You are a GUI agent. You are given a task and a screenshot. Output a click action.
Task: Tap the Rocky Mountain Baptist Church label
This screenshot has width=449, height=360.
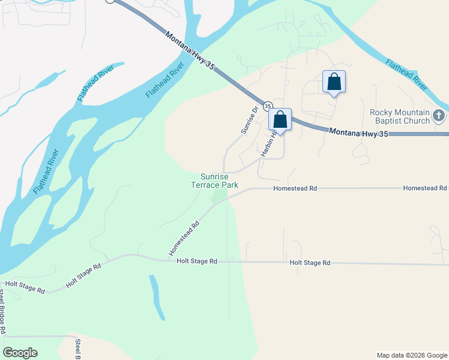pos(400,117)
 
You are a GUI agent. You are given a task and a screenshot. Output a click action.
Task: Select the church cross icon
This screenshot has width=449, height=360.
pos(439,115)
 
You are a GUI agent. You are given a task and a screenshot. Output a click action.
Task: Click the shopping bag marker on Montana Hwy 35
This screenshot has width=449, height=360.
pos(280,119)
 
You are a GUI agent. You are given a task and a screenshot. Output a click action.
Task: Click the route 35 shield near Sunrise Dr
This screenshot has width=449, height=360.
pos(267,106)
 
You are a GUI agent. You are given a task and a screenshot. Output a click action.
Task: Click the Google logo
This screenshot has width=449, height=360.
pos(20,353)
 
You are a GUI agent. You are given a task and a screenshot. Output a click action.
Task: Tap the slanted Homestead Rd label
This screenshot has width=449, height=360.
pos(184,238)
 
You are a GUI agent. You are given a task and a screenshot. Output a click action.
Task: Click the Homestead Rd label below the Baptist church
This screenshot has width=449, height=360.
pos(425,188)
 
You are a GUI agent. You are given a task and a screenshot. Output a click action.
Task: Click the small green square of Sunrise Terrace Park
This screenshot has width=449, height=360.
pos(223,197)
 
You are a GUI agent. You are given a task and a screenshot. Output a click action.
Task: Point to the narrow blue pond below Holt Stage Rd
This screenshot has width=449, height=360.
pos(157,297)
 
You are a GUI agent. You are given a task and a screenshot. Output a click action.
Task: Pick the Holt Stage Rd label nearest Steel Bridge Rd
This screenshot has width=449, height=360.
pos(25,287)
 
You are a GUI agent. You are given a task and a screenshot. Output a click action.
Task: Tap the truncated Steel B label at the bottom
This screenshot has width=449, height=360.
pos(78,349)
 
